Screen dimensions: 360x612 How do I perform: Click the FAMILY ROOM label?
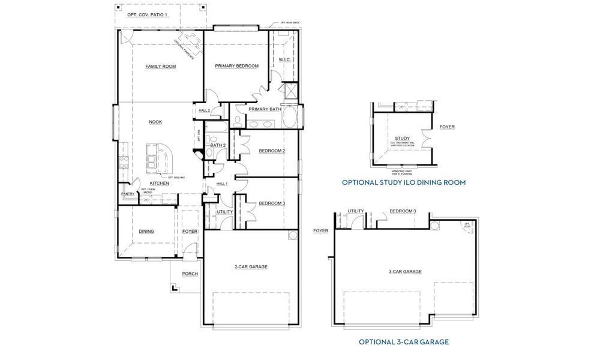160,67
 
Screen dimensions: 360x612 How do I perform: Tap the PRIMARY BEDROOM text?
237,66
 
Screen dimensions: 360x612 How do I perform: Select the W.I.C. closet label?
285,60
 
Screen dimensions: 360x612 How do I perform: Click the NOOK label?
155,122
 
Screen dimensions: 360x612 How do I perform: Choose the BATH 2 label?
217,145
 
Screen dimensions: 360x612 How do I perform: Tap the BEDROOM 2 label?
271,151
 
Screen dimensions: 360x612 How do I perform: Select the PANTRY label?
128,194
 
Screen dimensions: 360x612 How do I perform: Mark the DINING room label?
146,231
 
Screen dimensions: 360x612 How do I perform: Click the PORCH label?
190,274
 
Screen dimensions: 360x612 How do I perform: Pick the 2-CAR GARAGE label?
251,266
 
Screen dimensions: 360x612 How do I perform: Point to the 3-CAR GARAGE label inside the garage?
405,272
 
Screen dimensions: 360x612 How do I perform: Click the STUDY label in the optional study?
402,138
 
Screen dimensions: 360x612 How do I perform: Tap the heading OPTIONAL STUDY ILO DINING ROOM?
403,182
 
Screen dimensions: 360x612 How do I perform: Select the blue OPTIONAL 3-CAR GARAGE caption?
403,342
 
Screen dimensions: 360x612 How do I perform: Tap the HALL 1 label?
221,184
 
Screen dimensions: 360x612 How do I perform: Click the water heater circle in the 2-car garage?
292,235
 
